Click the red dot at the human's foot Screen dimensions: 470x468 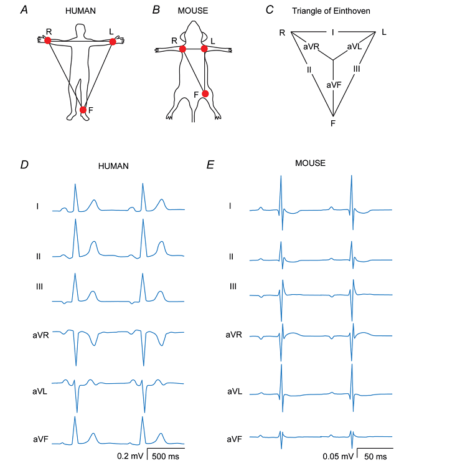pyautogui.click(x=83, y=110)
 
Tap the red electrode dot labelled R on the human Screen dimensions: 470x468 pyautogui.click(x=48, y=41)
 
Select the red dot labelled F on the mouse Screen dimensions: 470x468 pyautogui.click(x=205, y=94)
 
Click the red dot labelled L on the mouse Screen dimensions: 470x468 pyautogui.click(x=204, y=49)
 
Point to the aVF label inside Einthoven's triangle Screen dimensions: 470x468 pyautogui.click(x=334, y=85)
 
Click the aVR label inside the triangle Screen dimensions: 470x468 pyautogui.click(x=311, y=47)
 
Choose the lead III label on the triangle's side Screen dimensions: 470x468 pyautogui.click(x=357, y=69)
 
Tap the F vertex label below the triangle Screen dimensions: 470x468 pyautogui.click(x=332, y=123)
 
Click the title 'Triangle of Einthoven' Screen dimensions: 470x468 pyautogui.click(x=331, y=11)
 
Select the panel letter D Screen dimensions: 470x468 pyautogui.click(x=24, y=165)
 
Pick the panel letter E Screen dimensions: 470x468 pyautogui.click(x=210, y=165)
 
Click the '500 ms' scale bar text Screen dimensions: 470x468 pyautogui.click(x=166, y=456)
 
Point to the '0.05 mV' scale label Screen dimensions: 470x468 pyautogui.click(x=338, y=457)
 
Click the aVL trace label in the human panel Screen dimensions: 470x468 pyautogui.click(x=40, y=391)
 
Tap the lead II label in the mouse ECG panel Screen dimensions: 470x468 pyautogui.click(x=231, y=257)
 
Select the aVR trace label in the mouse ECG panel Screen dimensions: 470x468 pyautogui.click(x=234, y=335)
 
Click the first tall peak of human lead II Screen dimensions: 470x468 pyautogui.click(x=75, y=219)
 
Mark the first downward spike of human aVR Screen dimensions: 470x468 pyautogui.click(x=76, y=365)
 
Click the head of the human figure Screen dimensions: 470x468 pyautogui.click(x=80, y=30)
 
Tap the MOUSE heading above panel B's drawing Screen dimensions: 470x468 pyautogui.click(x=193, y=11)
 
